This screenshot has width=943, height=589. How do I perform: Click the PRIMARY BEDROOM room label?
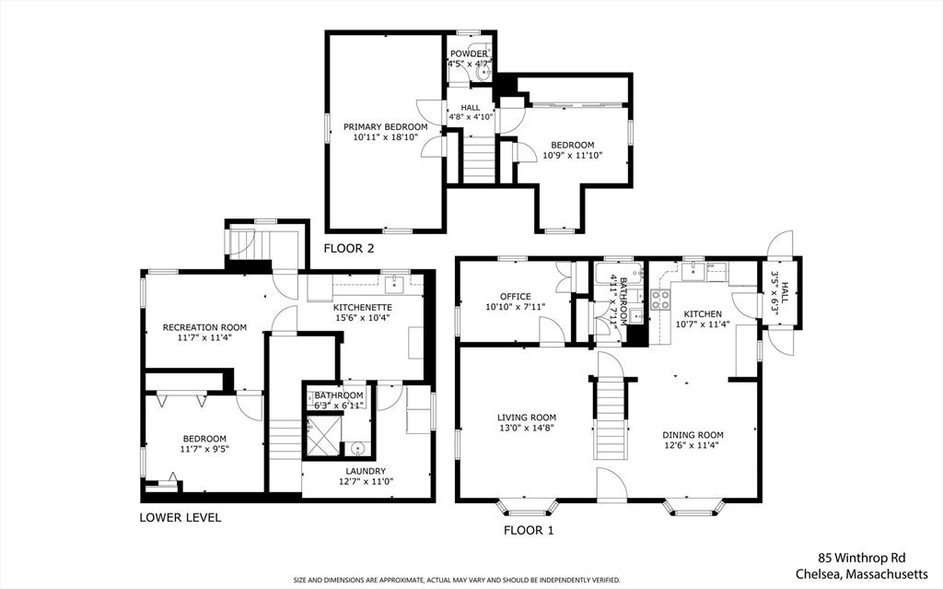385,126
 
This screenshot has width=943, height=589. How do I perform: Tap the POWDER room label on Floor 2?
467,53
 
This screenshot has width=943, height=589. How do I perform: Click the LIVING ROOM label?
527,418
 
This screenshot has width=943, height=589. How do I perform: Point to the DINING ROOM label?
693,435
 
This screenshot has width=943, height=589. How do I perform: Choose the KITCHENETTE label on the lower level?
363,307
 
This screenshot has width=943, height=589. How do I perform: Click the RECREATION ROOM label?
204,327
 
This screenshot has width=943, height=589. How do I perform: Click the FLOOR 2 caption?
348,249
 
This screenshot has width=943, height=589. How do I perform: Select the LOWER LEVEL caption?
180,517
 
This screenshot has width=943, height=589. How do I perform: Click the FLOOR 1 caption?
529,530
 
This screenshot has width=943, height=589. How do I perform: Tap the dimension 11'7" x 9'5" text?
204,449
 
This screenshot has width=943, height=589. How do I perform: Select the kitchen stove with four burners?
660,299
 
